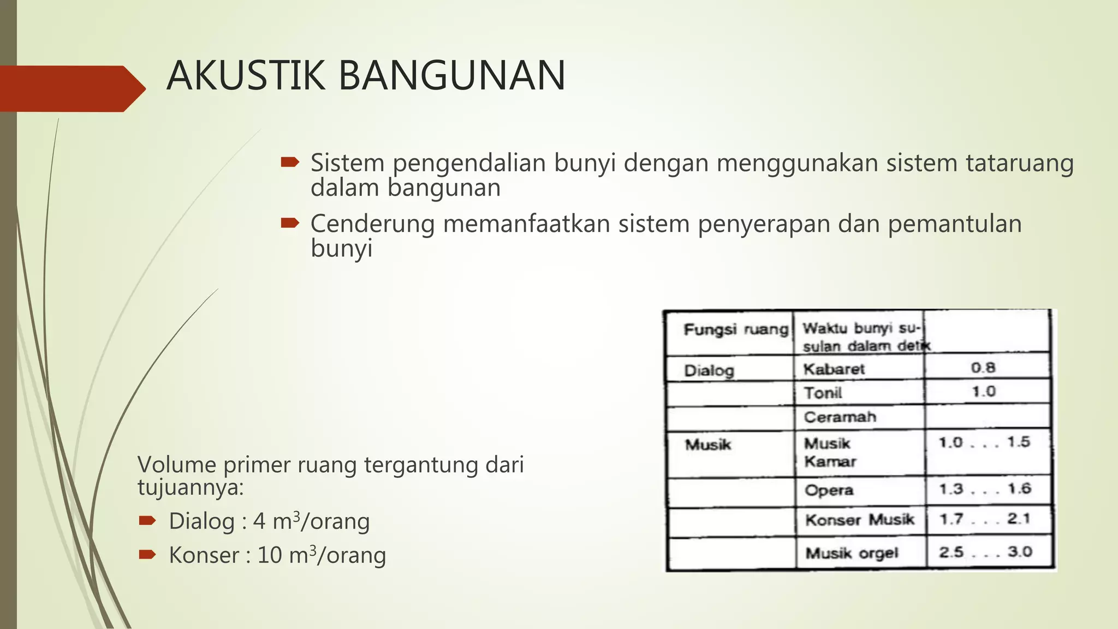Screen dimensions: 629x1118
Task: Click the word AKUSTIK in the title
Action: point(246,76)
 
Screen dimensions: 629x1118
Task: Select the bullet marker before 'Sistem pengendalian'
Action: point(289,162)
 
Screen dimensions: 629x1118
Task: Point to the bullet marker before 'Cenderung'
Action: point(289,223)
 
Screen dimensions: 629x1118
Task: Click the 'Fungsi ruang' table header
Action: point(735,329)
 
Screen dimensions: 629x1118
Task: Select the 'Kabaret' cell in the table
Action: point(834,369)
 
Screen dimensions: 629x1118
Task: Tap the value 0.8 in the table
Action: point(983,368)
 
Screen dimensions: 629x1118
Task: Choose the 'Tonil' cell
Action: point(823,393)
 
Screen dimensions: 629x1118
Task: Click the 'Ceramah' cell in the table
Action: point(840,417)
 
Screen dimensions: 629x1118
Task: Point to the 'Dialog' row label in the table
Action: point(709,371)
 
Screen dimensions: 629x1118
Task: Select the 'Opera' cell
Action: point(829,490)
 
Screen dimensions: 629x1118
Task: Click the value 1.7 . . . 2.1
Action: point(984,519)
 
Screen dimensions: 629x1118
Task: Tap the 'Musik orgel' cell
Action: point(852,553)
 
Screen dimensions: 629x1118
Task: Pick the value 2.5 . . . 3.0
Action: point(985,552)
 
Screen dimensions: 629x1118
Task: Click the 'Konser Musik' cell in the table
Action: point(859,519)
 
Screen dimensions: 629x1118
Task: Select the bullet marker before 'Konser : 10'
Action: point(147,555)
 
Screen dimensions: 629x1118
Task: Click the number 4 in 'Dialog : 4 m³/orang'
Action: point(259,521)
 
